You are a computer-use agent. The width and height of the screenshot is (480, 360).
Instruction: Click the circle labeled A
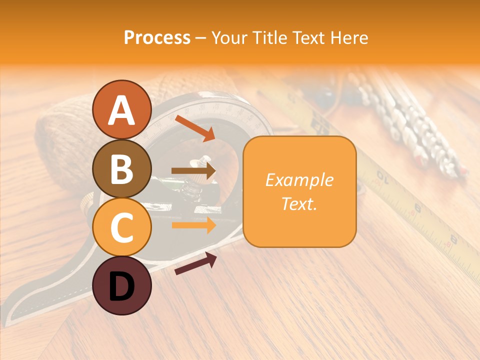tap(121, 109)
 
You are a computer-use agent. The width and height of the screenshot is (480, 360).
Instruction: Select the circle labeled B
tap(121, 168)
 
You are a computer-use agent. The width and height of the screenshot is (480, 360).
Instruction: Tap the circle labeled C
tap(121, 227)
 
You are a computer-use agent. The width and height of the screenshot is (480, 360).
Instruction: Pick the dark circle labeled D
tap(121, 285)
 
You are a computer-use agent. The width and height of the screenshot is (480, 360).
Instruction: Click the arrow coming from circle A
tap(195, 128)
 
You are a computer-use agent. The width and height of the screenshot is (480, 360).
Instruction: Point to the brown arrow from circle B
tap(193, 171)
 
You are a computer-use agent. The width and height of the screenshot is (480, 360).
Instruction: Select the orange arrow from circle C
tap(193, 225)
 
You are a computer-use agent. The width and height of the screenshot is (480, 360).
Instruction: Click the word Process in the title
tap(157, 38)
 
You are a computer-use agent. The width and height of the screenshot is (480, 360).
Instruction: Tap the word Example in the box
tap(299, 180)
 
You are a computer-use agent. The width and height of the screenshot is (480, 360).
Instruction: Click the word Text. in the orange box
tap(299, 203)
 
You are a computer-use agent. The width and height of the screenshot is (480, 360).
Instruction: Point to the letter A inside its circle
tap(121, 110)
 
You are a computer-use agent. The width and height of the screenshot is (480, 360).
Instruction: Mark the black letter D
tap(121, 286)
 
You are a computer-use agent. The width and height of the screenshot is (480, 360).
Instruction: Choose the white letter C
tap(121, 228)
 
